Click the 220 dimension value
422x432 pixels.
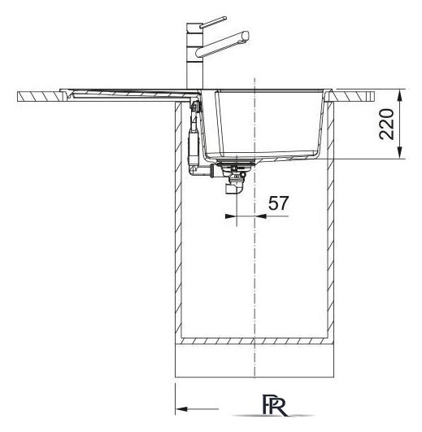pyautogui.click(x=386, y=124)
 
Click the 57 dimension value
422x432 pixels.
pyautogui.click(x=278, y=203)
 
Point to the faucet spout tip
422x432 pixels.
pyautogui.click(x=246, y=36)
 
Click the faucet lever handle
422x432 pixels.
pyautogui.click(x=213, y=22)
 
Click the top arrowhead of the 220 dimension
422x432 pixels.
pyautogui.click(x=400, y=95)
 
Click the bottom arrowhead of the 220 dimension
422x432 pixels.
pyautogui.click(x=400, y=153)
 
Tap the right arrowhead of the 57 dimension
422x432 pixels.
pyautogui.click(x=261, y=216)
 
